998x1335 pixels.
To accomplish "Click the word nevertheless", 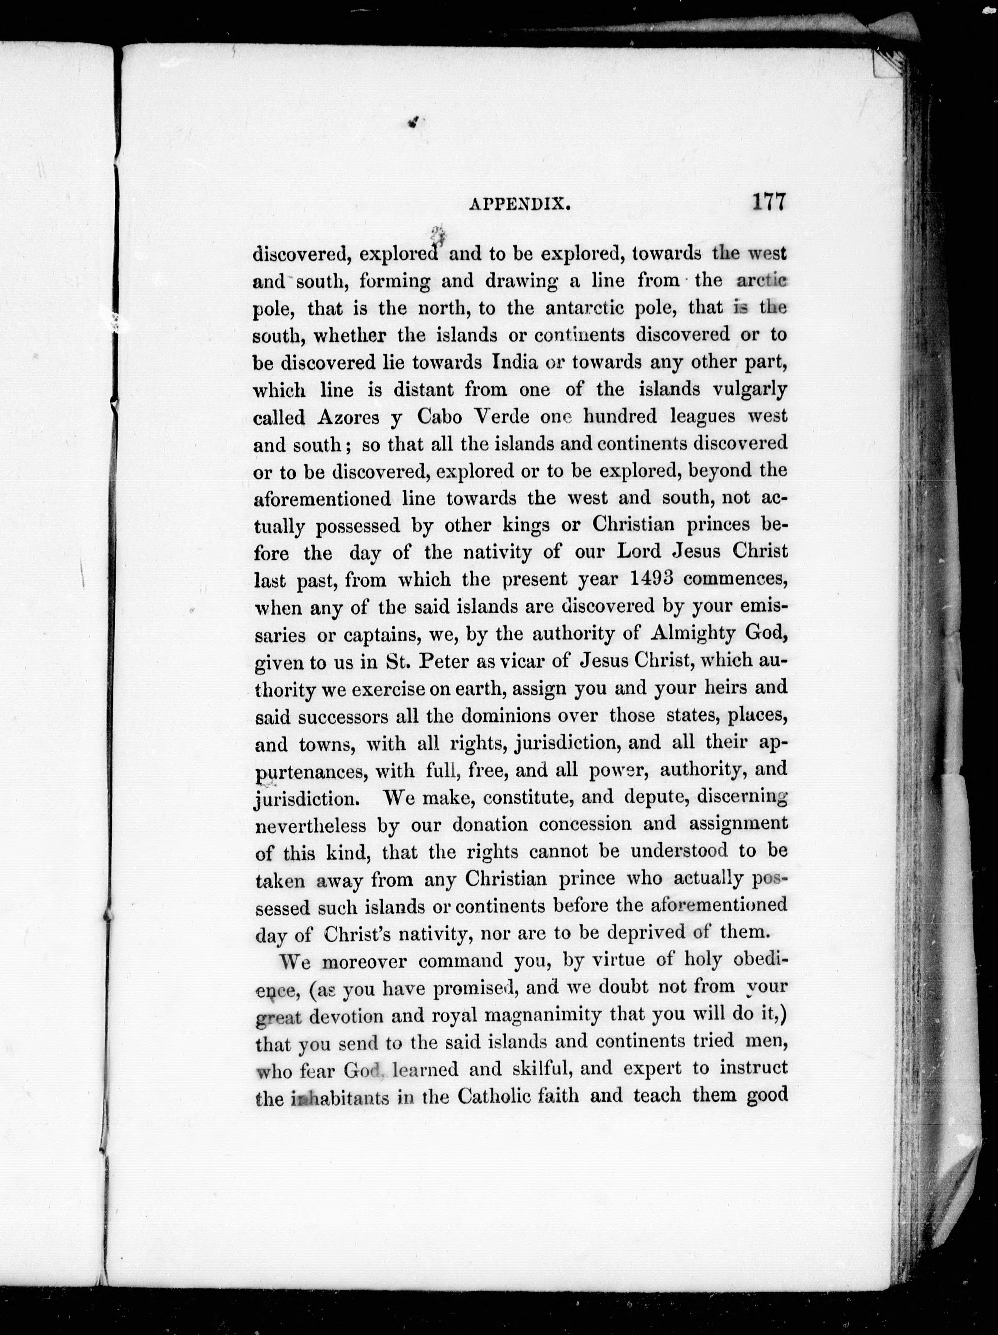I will pyautogui.click(x=311, y=825).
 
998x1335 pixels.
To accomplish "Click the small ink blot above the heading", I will pyautogui.click(x=413, y=123).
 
